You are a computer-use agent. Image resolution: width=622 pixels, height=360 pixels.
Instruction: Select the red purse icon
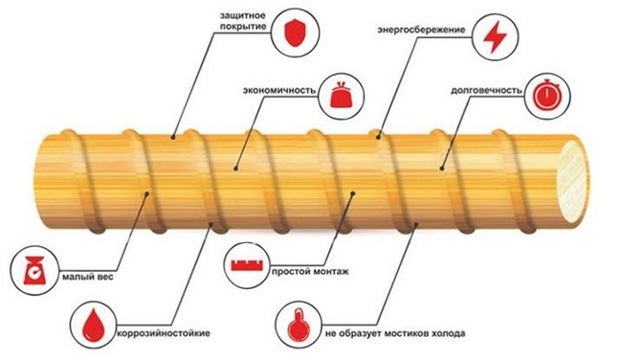341,94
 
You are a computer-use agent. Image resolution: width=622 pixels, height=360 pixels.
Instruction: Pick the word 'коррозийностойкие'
164,332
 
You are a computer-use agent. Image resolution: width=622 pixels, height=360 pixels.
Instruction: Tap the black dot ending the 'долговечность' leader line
442,169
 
